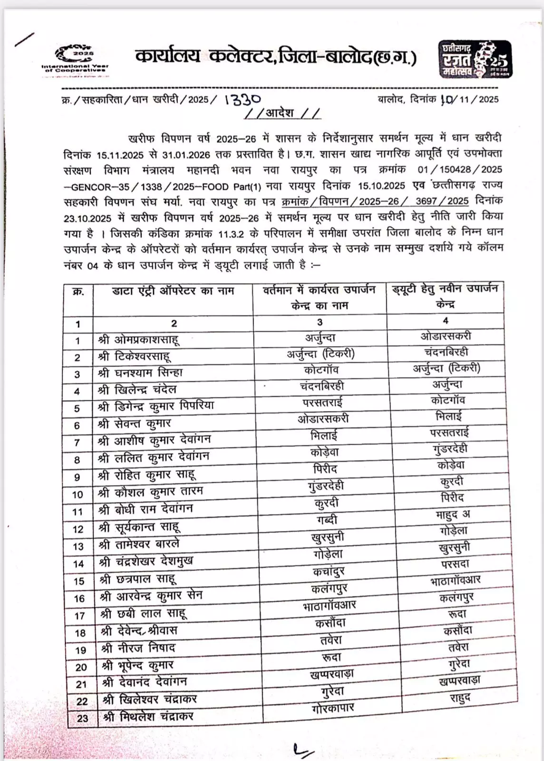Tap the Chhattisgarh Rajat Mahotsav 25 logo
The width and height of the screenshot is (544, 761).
coord(474,59)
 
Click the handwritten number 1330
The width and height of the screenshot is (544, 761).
coord(243,99)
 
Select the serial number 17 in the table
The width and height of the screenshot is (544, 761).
coord(79,616)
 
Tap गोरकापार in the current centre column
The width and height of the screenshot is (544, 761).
coord(333,709)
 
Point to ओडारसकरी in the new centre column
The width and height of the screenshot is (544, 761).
coord(446,336)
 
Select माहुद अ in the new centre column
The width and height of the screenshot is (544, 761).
coord(453,515)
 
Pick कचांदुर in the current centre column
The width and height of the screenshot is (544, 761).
coord(329,572)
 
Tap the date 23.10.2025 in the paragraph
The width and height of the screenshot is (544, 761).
coord(87,218)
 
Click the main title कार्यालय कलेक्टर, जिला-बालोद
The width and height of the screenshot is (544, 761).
coord(275,58)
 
